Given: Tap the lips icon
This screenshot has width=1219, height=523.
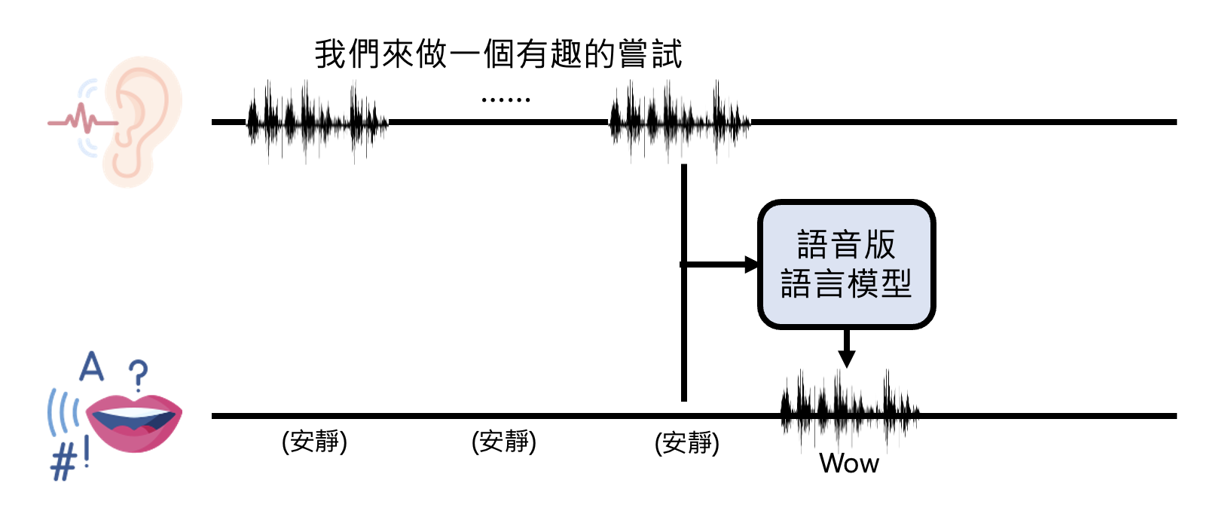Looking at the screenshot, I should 134,422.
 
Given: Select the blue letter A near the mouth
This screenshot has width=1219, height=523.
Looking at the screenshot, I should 92,367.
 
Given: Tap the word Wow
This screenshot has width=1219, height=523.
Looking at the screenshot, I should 849,463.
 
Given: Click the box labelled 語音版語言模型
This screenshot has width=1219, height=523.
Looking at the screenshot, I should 846,265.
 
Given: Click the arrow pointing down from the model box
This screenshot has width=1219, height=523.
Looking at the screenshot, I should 847,349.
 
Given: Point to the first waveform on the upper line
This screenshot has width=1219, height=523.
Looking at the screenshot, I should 316,121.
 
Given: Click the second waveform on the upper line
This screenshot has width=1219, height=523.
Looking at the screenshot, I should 679,121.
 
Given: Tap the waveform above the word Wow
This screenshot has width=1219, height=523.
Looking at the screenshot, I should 849,411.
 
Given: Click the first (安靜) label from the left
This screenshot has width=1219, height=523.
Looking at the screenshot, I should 314,442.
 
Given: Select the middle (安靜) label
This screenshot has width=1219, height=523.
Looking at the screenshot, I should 504,442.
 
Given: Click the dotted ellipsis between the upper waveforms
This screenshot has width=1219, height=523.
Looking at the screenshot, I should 506,99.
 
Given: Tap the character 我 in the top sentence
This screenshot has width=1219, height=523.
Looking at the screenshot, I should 330,54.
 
